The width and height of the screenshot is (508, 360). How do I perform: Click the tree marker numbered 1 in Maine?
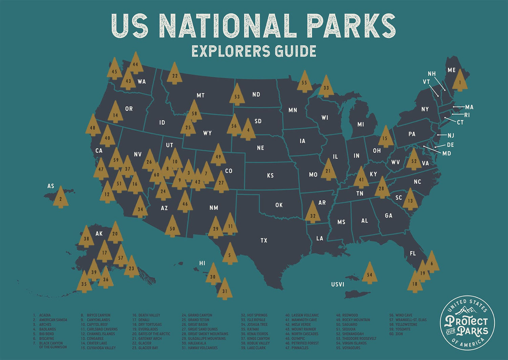(x=460, y=81)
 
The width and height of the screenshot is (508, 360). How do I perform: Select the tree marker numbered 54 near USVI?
(x=369, y=274)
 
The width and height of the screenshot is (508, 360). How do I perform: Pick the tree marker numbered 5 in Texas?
(x=230, y=254)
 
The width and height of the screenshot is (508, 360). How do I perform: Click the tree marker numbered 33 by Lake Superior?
(x=326, y=87)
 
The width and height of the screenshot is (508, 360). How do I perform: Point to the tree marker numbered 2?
(x=61, y=198)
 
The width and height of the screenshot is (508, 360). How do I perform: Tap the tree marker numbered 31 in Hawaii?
(x=225, y=290)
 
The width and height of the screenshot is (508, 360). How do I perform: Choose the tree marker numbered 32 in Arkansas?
(x=313, y=214)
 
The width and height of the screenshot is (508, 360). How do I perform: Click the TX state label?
(x=264, y=240)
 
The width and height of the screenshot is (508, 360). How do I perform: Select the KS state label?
(x=270, y=175)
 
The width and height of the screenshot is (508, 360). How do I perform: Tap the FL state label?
(x=412, y=253)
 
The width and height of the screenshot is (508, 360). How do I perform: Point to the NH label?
(x=431, y=74)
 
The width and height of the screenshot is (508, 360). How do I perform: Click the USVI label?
(x=338, y=284)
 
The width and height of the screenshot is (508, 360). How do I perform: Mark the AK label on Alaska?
(x=99, y=234)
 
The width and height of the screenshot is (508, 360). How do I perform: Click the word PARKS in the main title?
(x=351, y=26)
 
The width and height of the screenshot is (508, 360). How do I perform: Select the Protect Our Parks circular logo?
(x=467, y=323)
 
